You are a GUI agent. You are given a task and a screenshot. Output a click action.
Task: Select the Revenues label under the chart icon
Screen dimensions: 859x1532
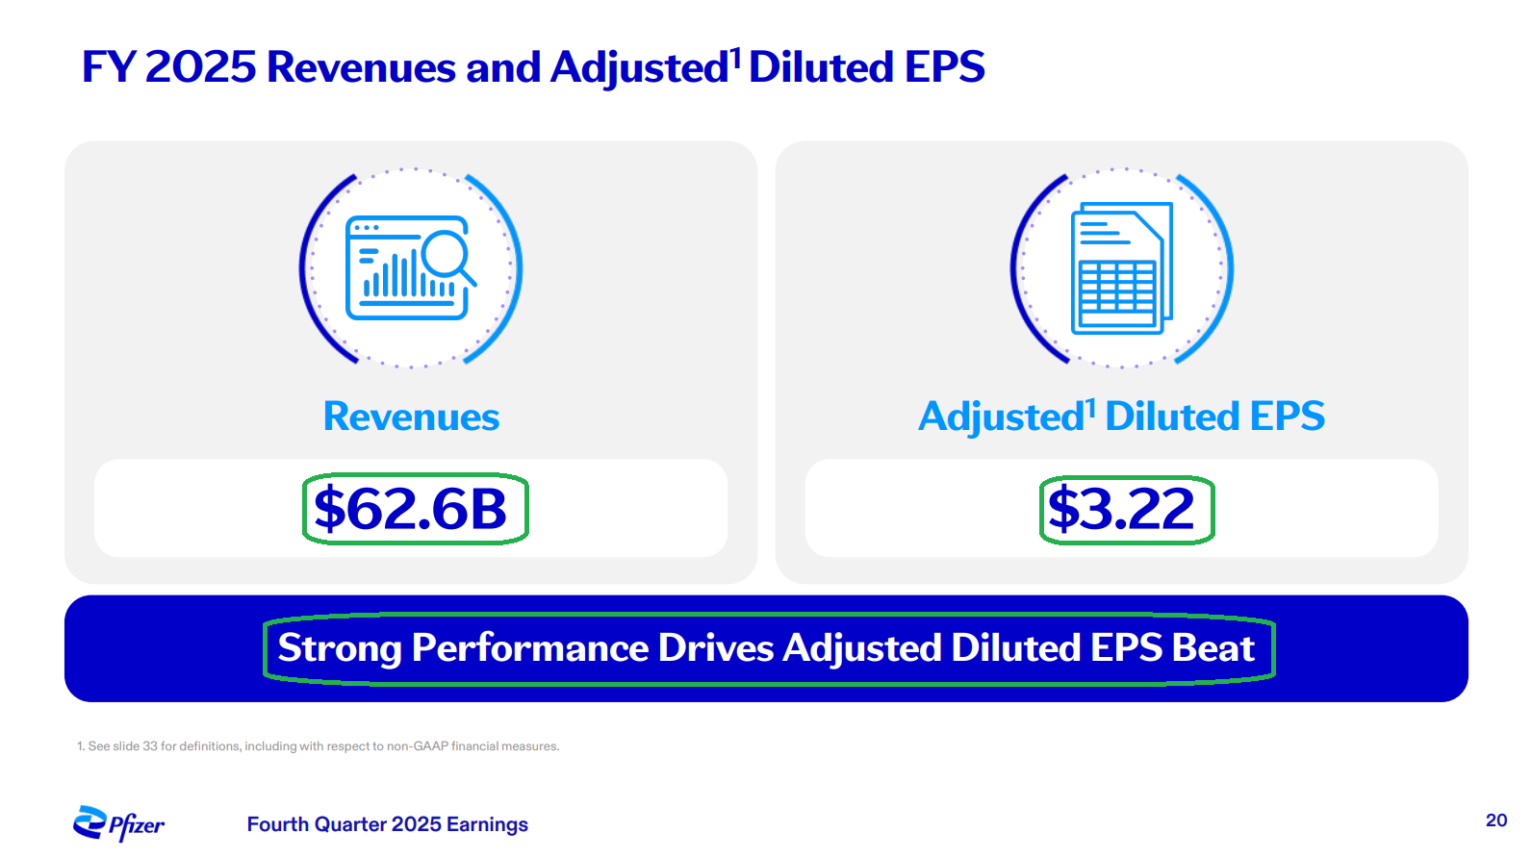point(411,417)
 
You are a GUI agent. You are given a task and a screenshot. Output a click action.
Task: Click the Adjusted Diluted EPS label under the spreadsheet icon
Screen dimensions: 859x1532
point(1121,417)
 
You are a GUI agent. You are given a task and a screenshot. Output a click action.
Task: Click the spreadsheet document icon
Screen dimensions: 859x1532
point(1122,267)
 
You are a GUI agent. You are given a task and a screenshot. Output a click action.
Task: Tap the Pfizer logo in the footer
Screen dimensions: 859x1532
point(119,823)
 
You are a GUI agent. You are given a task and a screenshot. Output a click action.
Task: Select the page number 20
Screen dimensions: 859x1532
point(1495,821)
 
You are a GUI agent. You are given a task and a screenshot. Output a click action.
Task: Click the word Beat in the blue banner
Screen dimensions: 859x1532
point(1213,648)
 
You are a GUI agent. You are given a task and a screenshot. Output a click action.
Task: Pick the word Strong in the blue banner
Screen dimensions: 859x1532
point(339,648)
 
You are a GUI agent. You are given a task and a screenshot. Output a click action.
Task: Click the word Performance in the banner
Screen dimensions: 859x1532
point(530,648)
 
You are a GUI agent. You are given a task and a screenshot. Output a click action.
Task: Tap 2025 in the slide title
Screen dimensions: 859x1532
point(200,67)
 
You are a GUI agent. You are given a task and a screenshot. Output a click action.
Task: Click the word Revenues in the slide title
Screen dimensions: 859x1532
point(361,67)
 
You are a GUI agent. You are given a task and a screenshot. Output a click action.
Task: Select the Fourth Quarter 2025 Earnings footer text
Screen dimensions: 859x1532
point(387,824)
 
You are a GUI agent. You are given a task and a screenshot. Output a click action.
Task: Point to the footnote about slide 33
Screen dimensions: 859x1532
point(318,746)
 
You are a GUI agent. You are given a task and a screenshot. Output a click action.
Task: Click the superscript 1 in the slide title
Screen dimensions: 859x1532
point(735,58)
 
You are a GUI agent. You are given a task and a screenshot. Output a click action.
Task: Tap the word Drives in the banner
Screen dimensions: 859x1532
point(716,648)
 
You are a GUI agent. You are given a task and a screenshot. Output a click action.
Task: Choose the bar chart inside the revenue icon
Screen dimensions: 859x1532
point(395,277)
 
